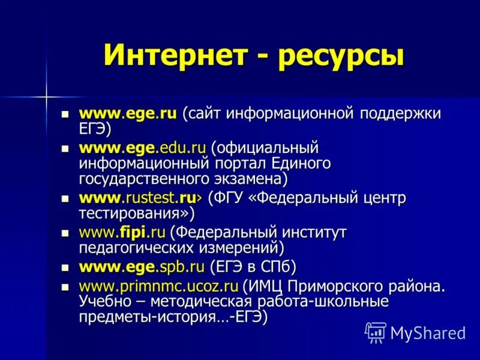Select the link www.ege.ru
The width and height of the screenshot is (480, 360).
click(x=128, y=113)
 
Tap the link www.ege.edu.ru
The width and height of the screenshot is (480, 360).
click(x=142, y=148)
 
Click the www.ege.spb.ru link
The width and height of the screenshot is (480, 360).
click(x=142, y=266)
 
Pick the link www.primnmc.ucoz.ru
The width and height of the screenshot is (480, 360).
click(x=159, y=286)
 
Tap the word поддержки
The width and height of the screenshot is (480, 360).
click(x=400, y=114)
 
